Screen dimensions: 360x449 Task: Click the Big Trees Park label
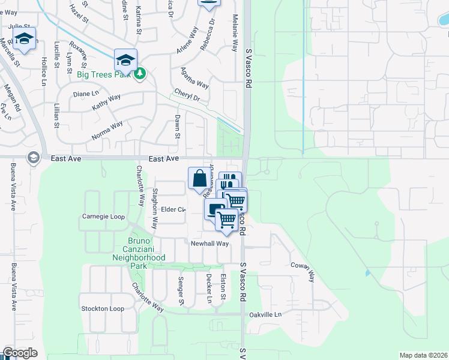(x=105, y=74)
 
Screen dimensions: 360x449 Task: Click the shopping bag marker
(x=200, y=178)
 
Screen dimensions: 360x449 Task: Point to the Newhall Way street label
(x=210, y=244)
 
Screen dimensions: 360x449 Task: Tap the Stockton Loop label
(x=103, y=308)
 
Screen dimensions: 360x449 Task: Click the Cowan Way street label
(x=303, y=271)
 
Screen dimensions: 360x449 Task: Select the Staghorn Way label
(x=155, y=209)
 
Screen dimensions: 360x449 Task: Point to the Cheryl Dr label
(x=186, y=94)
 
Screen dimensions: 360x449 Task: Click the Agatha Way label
(x=194, y=77)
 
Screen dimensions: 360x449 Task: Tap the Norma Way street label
(x=107, y=131)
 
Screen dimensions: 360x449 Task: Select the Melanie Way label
(x=235, y=33)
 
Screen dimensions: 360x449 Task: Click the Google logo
(x=20, y=353)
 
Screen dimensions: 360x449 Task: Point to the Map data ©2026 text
(x=423, y=355)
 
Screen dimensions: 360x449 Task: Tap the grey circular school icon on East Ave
(x=32, y=158)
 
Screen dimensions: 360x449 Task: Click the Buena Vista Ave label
(x=13, y=186)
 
